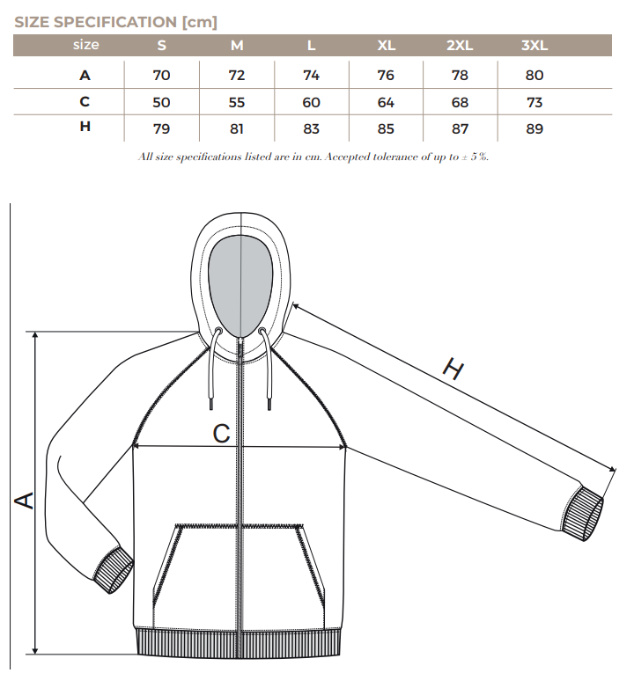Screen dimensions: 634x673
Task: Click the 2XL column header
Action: click(x=460, y=45)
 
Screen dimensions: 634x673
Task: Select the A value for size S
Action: click(x=161, y=75)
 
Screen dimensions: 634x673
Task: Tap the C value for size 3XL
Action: click(x=534, y=103)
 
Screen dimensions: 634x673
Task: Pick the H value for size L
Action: click(x=311, y=128)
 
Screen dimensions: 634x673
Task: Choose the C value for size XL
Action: click(x=386, y=103)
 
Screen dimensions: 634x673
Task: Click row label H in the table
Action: click(x=85, y=126)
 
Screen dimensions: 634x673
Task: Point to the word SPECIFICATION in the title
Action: click(x=115, y=22)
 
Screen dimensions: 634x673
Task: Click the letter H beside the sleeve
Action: click(x=453, y=369)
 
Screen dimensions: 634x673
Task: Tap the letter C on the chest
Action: click(x=222, y=434)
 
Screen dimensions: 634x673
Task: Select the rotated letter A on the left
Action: click(x=25, y=501)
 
